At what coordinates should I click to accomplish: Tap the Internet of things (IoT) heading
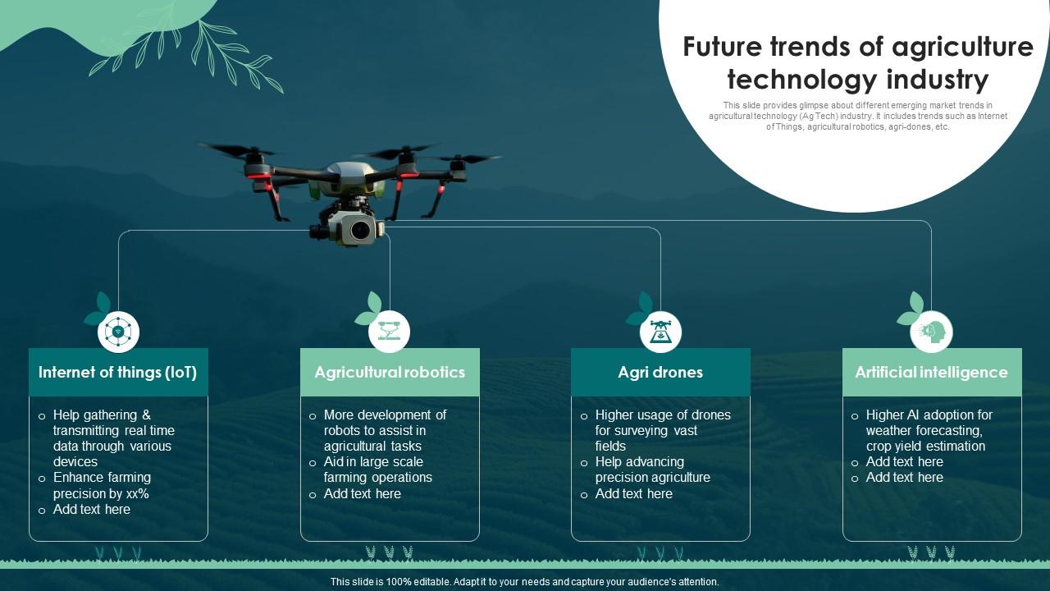pyautogui.click(x=118, y=373)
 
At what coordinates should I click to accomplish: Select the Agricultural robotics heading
pyautogui.click(x=390, y=373)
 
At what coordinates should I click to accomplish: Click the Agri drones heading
pyautogui.click(x=660, y=373)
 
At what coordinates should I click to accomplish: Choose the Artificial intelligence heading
pyautogui.click(x=931, y=373)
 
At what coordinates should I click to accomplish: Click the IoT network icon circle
pyautogui.click(x=118, y=332)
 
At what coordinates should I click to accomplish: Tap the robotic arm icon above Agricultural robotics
pyautogui.click(x=389, y=332)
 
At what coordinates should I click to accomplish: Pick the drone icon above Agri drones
pyautogui.click(x=660, y=332)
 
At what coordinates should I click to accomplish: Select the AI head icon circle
pyautogui.click(x=932, y=332)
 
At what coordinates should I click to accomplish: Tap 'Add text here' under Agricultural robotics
pyautogui.click(x=362, y=494)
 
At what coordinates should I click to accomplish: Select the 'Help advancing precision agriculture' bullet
pyautogui.click(x=652, y=470)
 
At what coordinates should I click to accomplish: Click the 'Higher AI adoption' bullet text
pyautogui.click(x=929, y=415)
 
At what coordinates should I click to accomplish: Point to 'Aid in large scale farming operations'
pyautogui.click(x=377, y=470)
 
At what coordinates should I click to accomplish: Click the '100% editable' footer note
pyautogui.click(x=524, y=582)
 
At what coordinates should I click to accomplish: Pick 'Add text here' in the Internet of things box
pyautogui.click(x=91, y=510)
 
